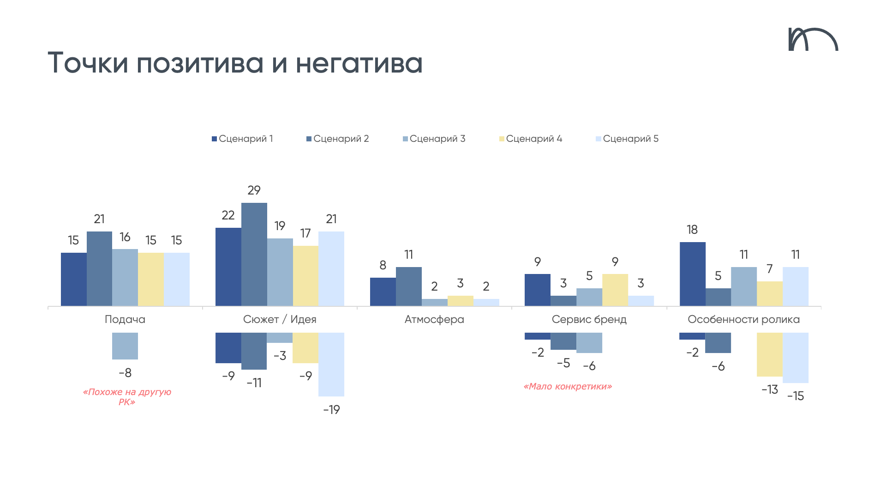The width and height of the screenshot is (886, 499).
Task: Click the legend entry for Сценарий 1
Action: point(242,139)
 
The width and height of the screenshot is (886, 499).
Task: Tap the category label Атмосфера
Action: point(434,319)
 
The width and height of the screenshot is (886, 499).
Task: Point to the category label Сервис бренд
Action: point(589,319)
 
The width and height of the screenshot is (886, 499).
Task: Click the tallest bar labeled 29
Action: point(254,254)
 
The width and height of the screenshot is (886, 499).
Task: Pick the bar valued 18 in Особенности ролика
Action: point(692,274)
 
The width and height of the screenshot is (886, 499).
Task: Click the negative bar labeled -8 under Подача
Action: point(125,346)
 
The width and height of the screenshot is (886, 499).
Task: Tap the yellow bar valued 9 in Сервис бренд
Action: point(615,290)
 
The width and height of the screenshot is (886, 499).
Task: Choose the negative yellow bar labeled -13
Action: point(769,354)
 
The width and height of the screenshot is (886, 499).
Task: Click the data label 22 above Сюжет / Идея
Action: point(228,215)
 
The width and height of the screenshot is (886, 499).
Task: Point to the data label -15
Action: point(796,396)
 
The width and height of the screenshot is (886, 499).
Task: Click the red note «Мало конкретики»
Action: point(568,386)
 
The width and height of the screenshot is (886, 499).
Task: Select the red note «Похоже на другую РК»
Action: point(127,397)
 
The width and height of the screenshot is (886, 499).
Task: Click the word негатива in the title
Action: point(359,63)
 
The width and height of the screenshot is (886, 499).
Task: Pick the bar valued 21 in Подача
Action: point(99,268)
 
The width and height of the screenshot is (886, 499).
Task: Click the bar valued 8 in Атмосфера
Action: point(383,292)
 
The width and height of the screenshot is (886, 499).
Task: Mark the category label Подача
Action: point(125,319)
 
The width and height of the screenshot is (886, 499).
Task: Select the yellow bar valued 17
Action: point(305,275)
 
